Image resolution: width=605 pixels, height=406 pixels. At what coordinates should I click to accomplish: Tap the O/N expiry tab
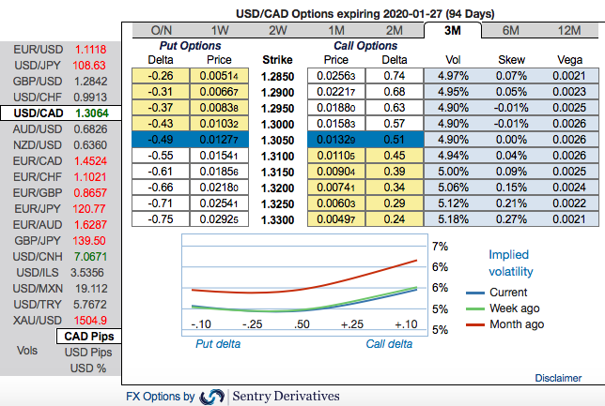pyautogui.click(x=162, y=30)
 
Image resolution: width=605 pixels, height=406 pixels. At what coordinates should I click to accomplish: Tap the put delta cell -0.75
pyautogui.click(x=163, y=218)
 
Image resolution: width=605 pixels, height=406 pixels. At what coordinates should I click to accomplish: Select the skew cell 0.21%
pyautogui.click(x=512, y=202)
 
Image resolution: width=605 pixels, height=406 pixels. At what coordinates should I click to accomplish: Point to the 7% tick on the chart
pyautogui.click(x=438, y=247)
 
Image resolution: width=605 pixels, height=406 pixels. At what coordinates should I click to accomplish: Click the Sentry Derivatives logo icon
pyautogui.click(x=212, y=397)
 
